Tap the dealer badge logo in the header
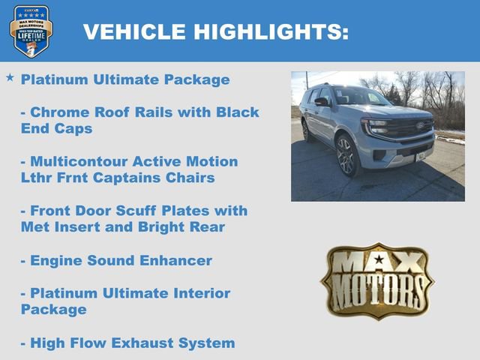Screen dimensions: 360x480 31,31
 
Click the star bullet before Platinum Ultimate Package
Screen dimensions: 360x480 10,78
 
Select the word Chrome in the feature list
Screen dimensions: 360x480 59,112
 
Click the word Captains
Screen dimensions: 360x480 139,178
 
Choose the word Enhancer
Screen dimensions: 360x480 175,261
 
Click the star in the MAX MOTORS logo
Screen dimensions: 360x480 379,262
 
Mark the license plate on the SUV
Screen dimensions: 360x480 421,156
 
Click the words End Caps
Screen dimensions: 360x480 57,128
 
